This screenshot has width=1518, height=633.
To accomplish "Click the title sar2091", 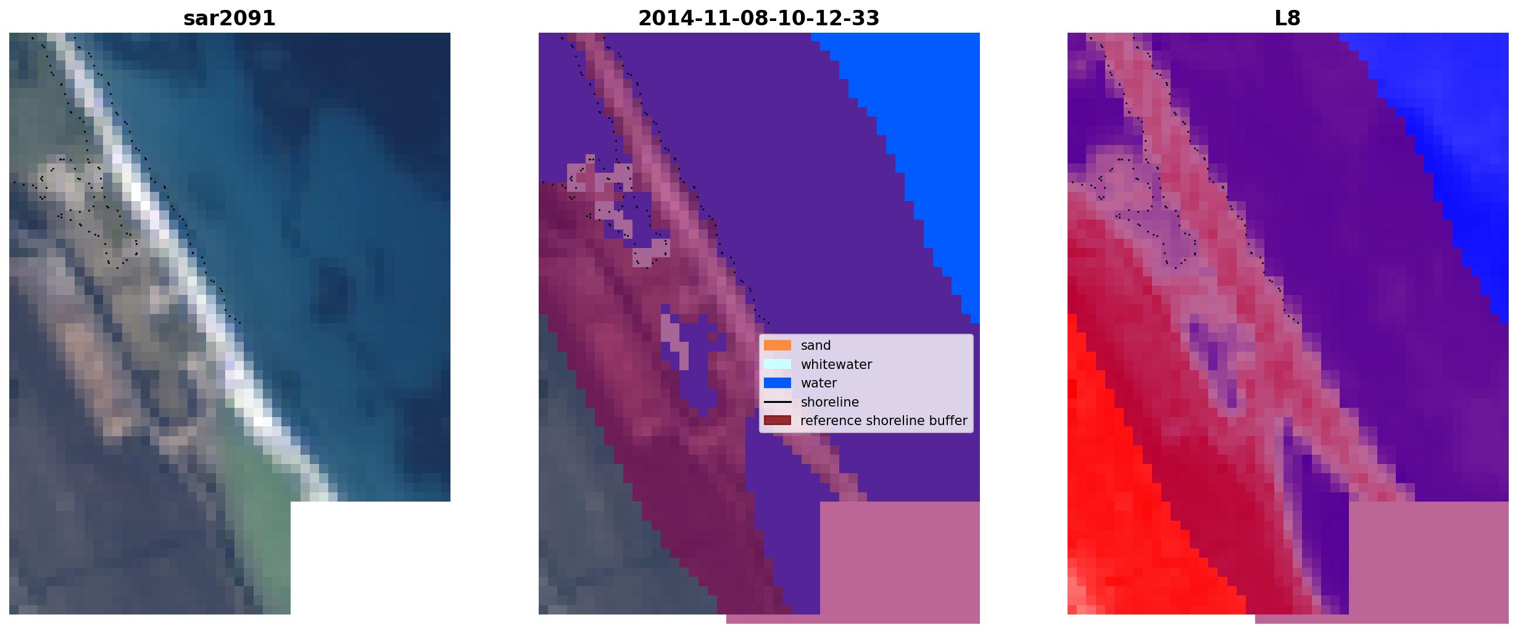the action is coord(230,19).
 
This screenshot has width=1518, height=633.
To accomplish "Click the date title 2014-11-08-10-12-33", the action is coord(758,19).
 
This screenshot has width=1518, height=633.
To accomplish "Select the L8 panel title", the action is coord(1287,19).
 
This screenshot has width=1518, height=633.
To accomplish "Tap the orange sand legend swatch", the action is coord(778,345).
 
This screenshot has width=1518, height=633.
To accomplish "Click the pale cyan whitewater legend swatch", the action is coord(778,364).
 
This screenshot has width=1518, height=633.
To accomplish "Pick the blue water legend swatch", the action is coord(778,383).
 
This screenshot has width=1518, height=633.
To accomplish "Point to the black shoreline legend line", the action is coord(778,402).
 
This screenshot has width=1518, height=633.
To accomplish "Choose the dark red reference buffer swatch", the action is coord(778,420).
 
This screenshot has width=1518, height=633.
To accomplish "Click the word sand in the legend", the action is coord(816,345).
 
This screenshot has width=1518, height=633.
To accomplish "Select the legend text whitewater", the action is coord(836,365).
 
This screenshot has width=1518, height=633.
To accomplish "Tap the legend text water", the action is coord(819,383).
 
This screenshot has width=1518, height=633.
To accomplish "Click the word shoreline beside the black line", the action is coord(830,402).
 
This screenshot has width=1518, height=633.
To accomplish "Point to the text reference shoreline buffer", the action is coord(884,421).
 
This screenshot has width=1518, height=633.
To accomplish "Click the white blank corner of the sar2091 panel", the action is coord(370,558).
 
